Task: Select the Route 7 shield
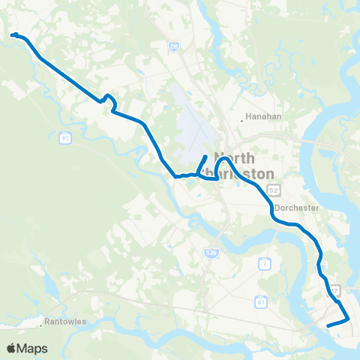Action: (264, 263)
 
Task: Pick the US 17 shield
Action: (335, 289)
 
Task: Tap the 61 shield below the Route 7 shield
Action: (261, 301)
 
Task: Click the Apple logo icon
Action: (10, 348)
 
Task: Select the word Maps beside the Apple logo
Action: (33, 348)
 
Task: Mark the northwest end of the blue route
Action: (13, 34)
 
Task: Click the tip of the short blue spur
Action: (206, 157)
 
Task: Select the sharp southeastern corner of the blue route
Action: (349, 319)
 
